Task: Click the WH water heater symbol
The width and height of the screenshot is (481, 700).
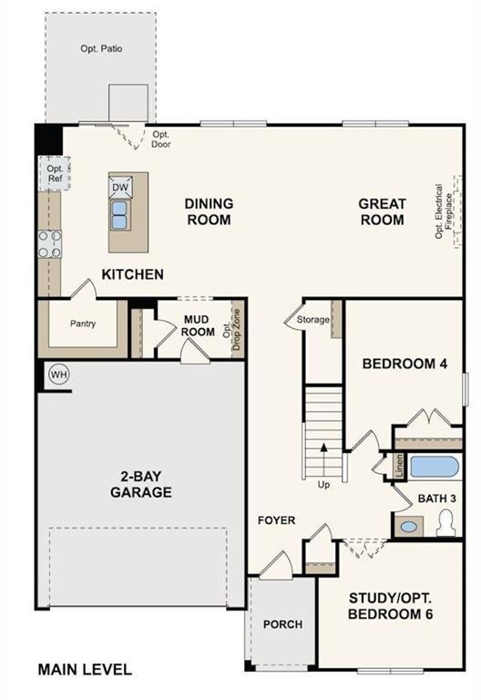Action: pos(59,375)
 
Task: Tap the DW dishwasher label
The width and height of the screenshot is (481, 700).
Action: pos(120,188)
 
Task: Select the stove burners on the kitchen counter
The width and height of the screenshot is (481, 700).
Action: pos(49,243)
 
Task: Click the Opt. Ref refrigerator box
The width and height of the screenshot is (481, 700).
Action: pos(55,173)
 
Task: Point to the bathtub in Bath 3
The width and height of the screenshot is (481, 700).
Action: pos(434,468)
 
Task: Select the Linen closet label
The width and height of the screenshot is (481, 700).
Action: pos(399,466)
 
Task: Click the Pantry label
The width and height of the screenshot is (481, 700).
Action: pos(83,324)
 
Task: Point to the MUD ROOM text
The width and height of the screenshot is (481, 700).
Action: pos(198,325)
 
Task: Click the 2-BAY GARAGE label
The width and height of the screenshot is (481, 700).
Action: pos(145,484)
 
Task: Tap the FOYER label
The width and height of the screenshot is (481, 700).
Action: pos(276,520)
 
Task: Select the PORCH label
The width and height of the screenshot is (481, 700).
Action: pos(282,624)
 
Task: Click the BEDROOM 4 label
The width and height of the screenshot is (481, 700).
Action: pos(404,364)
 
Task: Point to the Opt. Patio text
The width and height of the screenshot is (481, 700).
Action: pos(100,48)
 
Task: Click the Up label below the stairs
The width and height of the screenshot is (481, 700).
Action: pos(323,485)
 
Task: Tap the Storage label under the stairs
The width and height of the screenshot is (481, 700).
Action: pos(312,319)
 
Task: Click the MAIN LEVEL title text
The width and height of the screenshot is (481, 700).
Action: pos(85,669)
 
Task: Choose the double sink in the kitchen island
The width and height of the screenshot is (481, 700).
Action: pos(120,214)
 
